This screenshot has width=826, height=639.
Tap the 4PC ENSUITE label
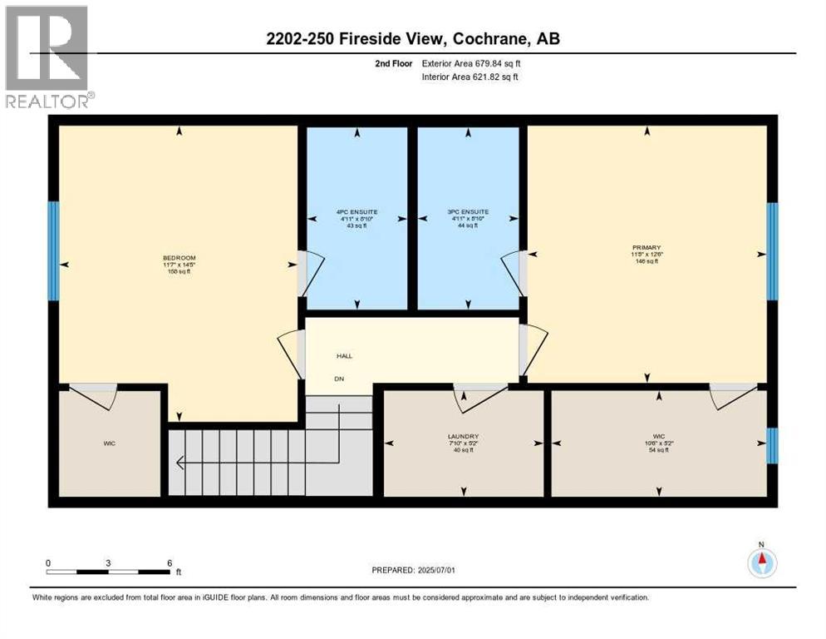pyautogui.click(x=356, y=211)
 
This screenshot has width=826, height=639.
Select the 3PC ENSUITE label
pyautogui.click(x=467, y=211)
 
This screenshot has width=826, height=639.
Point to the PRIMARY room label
pyautogui.click(x=645, y=247)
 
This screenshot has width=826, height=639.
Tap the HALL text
pyautogui.click(x=344, y=356)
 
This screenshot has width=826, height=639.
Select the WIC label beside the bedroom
pyautogui.click(x=110, y=443)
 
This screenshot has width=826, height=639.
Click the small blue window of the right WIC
pyautogui.click(x=771, y=445)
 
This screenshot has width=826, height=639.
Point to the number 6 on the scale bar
pyautogui.click(x=170, y=562)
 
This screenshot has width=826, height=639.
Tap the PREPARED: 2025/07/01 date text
pyautogui.click(x=413, y=571)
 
